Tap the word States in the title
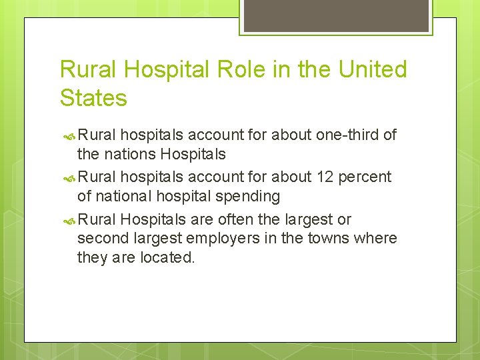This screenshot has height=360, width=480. (x=93, y=98)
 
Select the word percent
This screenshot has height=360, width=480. (x=365, y=177)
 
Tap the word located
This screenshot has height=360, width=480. (x=167, y=257)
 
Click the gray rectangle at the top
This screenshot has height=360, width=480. (x=336, y=15)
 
